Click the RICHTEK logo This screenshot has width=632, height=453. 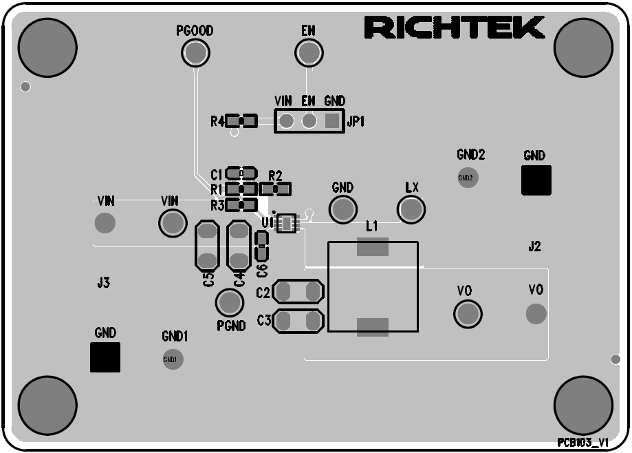pyautogui.click(x=455, y=28)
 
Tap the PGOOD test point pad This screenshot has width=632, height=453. pyautogui.click(x=195, y=52)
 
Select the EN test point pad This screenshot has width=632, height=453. pyautogui.click(x=309, y=52)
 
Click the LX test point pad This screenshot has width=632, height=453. pyautogui.click(x=411, y=209)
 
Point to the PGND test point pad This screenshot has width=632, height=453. pyautogui.click(x=230, y=303)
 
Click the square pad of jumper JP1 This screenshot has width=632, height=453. pyautogui.click(x=332, y=122)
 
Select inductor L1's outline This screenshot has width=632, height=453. pyautogui.click(x=373, y=286)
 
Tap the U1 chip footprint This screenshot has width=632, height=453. pyautogui.click(x=287, y=222)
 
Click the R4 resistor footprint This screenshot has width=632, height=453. pyautogui.click(x=241, y=122)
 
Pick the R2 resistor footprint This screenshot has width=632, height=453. pyautogui.click(x=276, y=188)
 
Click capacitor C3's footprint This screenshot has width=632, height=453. pyautogui.click(x=298, y=320)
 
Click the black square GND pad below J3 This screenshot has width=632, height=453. pyautogui.click(x=105, y=357)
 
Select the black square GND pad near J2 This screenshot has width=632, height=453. pyautogui.click(x=536, y=180)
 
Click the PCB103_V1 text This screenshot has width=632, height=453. pyautogui.click(x=582, y=443)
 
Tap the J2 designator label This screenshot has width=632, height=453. pyautogui.click(x=534, y=246)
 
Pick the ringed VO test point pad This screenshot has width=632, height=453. pyautogui.click(x=468, y=314)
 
